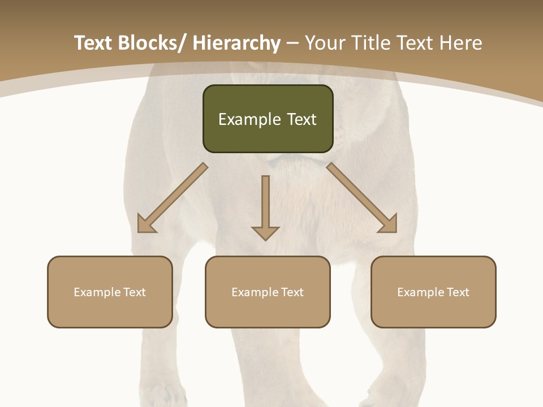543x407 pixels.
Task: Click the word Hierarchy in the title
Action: click(236, 43)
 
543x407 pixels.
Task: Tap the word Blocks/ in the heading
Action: click(153, 43)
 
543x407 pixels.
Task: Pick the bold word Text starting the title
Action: click(94, 43)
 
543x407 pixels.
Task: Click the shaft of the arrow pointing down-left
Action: click(180, 192)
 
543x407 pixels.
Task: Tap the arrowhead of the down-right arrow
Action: click(389, 226)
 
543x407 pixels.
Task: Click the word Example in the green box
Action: click(243, 119)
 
